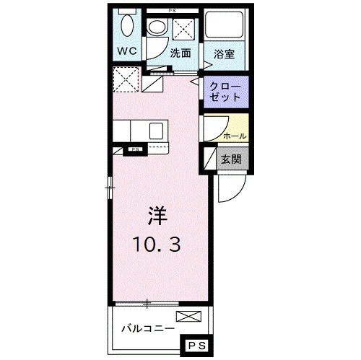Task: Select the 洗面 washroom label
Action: (x=180, y=53)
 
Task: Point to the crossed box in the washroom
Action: (x=181, y=30)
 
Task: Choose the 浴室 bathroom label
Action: (x=225, y=53)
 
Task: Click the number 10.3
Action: (x=157, y=244)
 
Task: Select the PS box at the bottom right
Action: (x=198, y=347)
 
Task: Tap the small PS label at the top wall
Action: (x=171, y=11)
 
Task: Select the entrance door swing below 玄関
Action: (x=228, y=188)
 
